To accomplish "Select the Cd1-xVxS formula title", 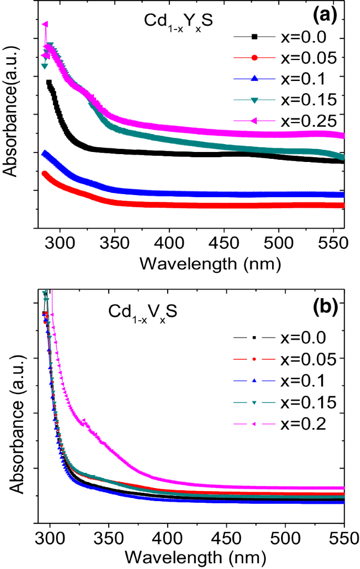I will pos(142,311).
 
